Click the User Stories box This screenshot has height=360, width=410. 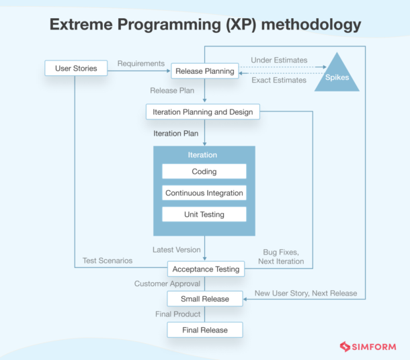[x=75, y=68]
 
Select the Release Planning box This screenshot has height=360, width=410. [x=205, y=71]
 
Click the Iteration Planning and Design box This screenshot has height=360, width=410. [x=202, y=112]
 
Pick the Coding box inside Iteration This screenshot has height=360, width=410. [x=204, y=171]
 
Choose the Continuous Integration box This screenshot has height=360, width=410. [x=204, y=193]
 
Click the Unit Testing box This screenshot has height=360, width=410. [x=204, y=214]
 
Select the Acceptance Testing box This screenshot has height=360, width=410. [x=206, y=269]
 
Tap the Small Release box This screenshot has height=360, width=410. [x=204, y=299]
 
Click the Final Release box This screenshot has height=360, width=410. [x=204, y=330]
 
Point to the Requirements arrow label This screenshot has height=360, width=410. [x=141, y=64]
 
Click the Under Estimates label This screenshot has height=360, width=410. [x=279, y=60]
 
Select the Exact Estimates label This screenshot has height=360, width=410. [x=279, y=81]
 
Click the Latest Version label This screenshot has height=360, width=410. [x=176, y=250]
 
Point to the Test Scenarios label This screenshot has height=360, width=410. [x=108, y=261]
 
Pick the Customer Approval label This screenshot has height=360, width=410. [x=167, y=284]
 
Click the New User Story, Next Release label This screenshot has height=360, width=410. [x=306, y=294]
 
